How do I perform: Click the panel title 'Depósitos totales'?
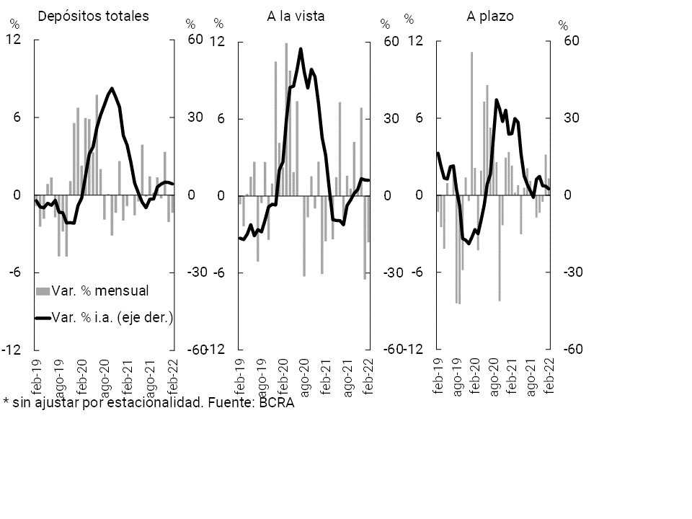[x=93, y=15]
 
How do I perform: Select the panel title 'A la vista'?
[x=296, y=15]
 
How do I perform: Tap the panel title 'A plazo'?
[x=489, y=15]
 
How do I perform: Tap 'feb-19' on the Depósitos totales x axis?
[x=37, y=374]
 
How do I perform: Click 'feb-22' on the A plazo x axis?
[x=549, y=374]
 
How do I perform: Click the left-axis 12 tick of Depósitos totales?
[x=13, y=40]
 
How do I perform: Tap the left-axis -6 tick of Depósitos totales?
[x=13, y=272]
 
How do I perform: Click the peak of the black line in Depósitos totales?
[x=112, y=89]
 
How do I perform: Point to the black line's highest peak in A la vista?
[x=301, y=49]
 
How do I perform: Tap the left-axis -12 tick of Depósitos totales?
[x=11, y=350]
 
